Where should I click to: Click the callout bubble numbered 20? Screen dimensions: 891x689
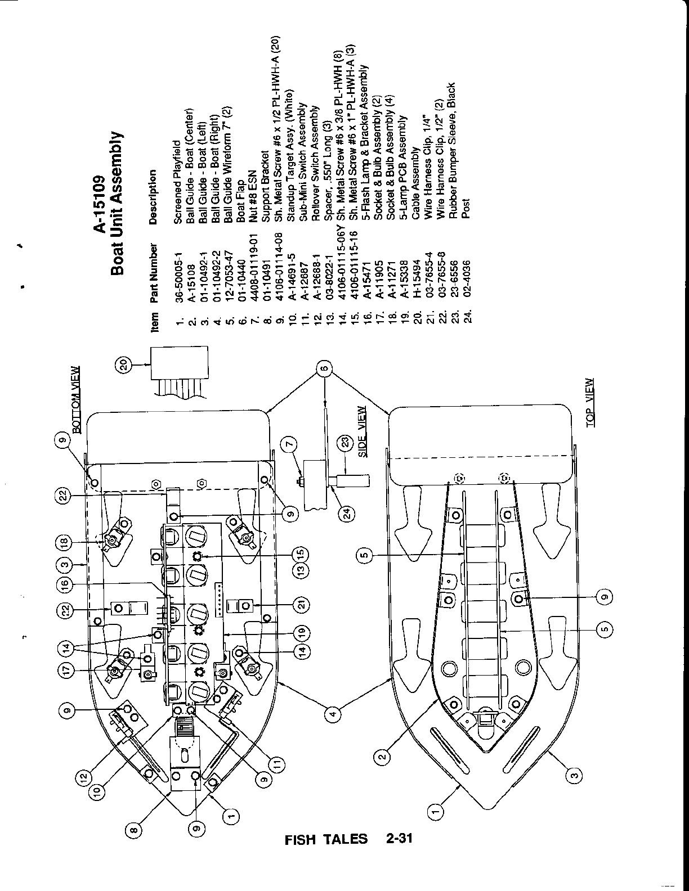[x=124, y=366]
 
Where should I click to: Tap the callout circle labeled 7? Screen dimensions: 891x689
[x=289, y=445]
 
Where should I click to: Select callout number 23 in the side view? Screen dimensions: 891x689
[x=346, y=444]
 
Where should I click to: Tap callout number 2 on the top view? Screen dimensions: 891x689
[x=382, y=757]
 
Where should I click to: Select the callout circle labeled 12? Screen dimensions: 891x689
[x=82, y=777]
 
